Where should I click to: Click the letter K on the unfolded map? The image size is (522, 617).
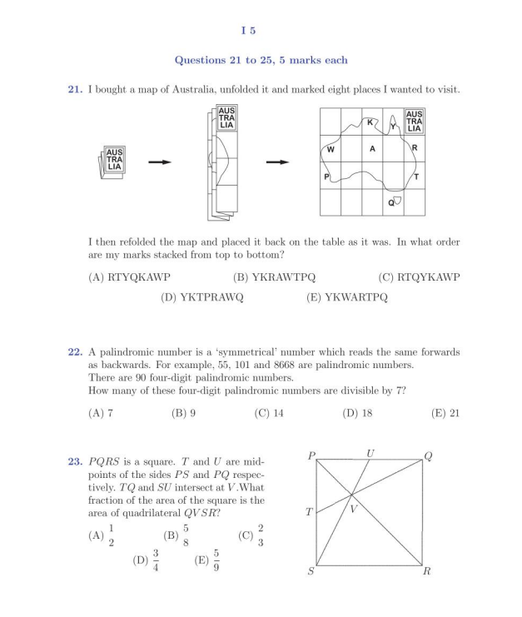click(370, 123)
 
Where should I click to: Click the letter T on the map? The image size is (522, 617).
click(415, 177)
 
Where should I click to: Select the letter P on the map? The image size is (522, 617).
click(326, 177)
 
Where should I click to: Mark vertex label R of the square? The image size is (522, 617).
click(426, 572)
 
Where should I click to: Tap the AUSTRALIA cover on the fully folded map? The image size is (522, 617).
click(111, 159)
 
